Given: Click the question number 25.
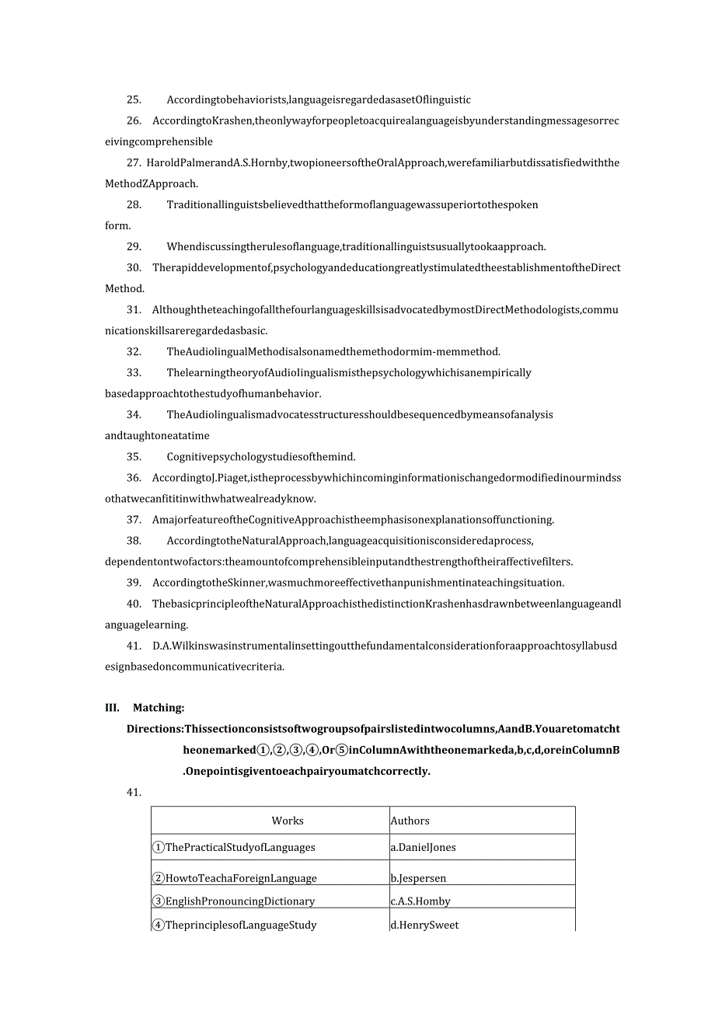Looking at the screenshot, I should point(134,99).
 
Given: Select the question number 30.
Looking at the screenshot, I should point(134,267).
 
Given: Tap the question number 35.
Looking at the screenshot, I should point(134,456).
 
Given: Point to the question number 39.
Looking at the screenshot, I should point(134,582).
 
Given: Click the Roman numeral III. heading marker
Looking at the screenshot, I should point(112,707).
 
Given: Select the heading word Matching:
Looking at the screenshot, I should point(159,707).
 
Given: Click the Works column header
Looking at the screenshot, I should point(288,821).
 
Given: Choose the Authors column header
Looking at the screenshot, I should point(410,821).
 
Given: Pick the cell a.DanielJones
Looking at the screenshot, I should point(423,847).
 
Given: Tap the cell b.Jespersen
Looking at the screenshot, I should point(418,878).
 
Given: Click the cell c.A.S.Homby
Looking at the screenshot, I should point(420,901).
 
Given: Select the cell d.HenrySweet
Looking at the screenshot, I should point(424,925).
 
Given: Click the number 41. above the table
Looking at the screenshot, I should point(134,792).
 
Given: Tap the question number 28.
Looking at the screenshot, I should point(134,204).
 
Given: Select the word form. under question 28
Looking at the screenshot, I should point(117,225).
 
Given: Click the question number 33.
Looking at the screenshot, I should point(134,372).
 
